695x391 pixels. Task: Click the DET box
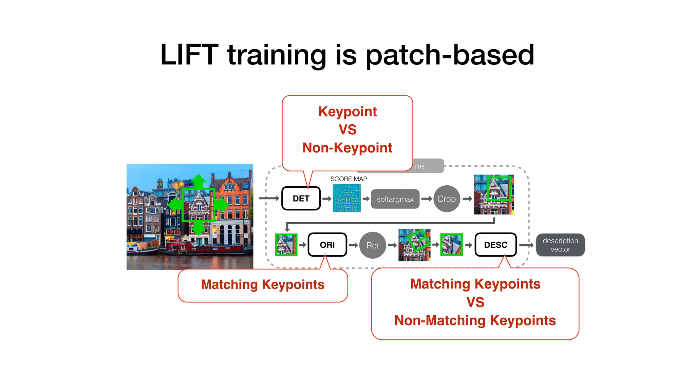301,199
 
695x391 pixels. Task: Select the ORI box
327,245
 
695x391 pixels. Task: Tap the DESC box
495,245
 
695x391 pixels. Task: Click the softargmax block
395,199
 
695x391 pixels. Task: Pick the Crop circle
447,199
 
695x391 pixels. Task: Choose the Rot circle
372,245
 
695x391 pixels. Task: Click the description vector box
560,245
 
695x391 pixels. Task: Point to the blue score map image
346,199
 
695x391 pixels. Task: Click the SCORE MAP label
349,179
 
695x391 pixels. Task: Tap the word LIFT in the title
189,55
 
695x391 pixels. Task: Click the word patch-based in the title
450,55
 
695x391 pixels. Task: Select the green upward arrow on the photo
199,181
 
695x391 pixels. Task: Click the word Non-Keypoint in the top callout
347,148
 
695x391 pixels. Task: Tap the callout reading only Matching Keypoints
263,285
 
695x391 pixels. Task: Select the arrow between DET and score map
326,199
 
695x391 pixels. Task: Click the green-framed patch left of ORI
286,245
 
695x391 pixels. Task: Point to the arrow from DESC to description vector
526,245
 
